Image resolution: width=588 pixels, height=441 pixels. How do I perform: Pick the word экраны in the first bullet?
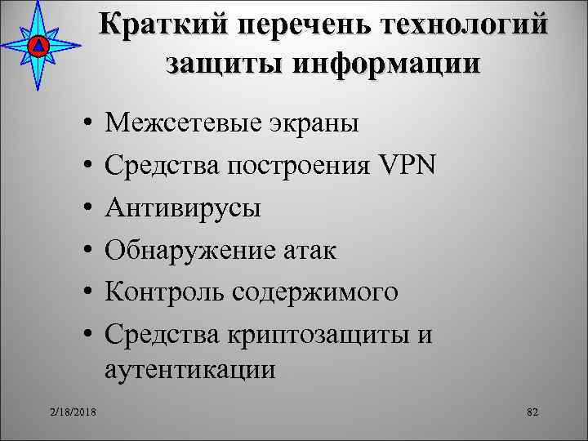coord(311,124)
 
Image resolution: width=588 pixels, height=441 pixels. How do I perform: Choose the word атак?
coord(309,249)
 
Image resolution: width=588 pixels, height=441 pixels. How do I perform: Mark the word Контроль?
coord(163,291)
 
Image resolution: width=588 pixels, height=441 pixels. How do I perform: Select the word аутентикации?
coord(190,369)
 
